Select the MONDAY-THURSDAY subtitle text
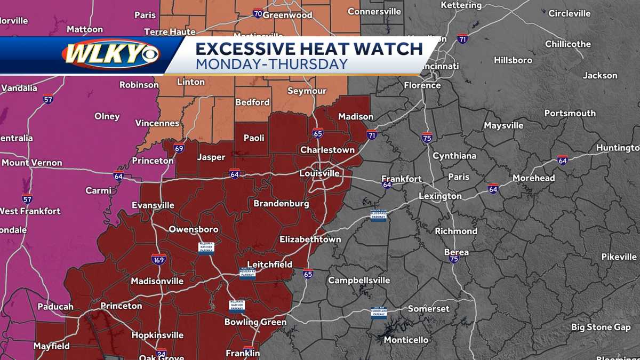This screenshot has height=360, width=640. tap(271, 64)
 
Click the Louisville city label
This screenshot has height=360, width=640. tap(319, 173)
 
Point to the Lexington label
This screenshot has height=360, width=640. tap(440, 196)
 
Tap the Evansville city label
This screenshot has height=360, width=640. tap(153, 205)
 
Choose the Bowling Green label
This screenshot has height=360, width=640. tap(255, 322)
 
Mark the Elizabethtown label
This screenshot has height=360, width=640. tap(310, 239)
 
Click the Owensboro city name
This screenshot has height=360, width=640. tap(194, 229)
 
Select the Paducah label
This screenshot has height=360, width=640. tap(55, 307)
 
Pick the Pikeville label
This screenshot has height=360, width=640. tap(619, 257)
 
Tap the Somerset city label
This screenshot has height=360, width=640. tap(429, 309)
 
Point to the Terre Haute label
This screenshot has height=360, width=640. tap(170, 32)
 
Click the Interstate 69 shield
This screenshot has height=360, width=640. tap(179, 148)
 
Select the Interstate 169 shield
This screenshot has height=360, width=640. tap(158, 259)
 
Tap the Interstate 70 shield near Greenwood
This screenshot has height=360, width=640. tap(258, 13)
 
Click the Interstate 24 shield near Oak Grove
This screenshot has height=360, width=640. tap(161, 353)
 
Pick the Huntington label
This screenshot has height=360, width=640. tap(618, 148)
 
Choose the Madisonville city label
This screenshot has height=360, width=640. tap(157, 281)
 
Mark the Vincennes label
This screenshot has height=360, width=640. tap(157, 123)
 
